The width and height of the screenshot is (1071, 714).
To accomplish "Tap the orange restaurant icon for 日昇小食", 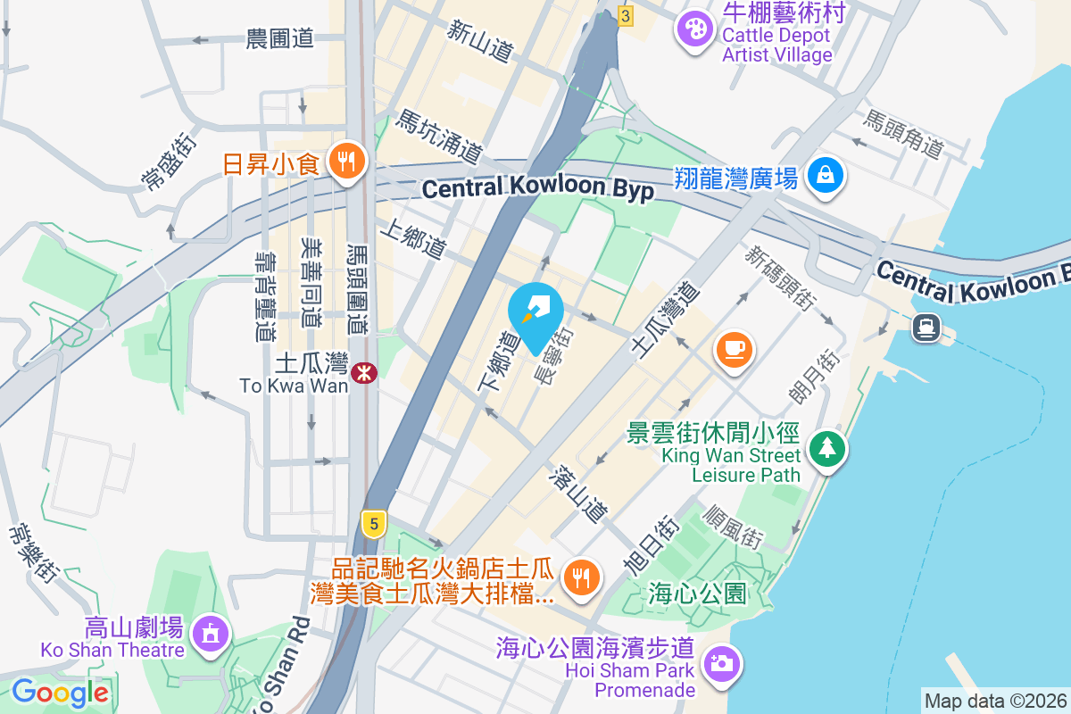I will pos(344,162).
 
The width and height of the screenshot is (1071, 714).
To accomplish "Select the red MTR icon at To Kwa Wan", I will pos(364,373).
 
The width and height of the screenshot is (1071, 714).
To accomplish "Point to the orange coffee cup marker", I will pos(734,347).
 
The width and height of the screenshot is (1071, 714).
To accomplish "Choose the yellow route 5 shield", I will pos(374,523).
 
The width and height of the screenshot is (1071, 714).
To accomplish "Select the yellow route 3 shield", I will pos(626,16).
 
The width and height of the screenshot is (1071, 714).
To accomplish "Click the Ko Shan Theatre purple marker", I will pos(211,634).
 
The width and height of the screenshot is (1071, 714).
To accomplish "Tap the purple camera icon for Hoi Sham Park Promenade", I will pos(721,662).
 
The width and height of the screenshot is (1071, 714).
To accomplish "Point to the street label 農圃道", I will pos(279,38).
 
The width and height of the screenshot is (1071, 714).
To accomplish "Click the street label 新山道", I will pos(481,42).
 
